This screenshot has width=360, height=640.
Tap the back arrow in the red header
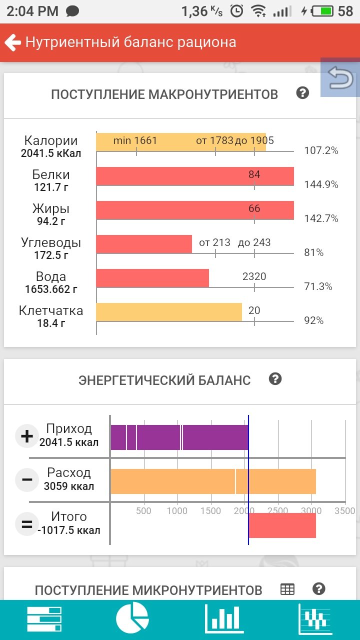click(x=12, y=42)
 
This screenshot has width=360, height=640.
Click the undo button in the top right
click(x=340, y=78)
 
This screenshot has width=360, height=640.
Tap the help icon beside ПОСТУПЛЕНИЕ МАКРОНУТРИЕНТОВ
click(x=302, y=93)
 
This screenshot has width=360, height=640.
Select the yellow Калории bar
click(x=180, y=141)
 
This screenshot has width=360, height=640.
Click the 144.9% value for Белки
click(x=321, y=184)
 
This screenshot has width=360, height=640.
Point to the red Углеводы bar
click(x=144, y=244)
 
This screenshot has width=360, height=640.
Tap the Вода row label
click(x=51, y=277)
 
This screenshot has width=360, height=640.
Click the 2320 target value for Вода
click(x=254, y=276)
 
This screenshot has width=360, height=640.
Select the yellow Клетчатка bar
click(x=169, y=312)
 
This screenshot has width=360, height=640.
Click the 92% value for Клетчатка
click(x=314, y=320)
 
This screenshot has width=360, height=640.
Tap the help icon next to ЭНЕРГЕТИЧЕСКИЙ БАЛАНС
click(x=275, y=379)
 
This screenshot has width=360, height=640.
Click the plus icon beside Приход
click(x=26, y=436)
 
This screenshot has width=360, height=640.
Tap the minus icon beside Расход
click(x=26, y=480)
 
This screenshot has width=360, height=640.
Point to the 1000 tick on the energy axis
click(x=177, y=511)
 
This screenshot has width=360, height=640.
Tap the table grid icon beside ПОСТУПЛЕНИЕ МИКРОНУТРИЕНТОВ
click(x=287, y=589)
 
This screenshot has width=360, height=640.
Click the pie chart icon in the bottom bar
click(x=132, y=619)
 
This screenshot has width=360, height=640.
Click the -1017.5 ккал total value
click(x=69, y=530)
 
